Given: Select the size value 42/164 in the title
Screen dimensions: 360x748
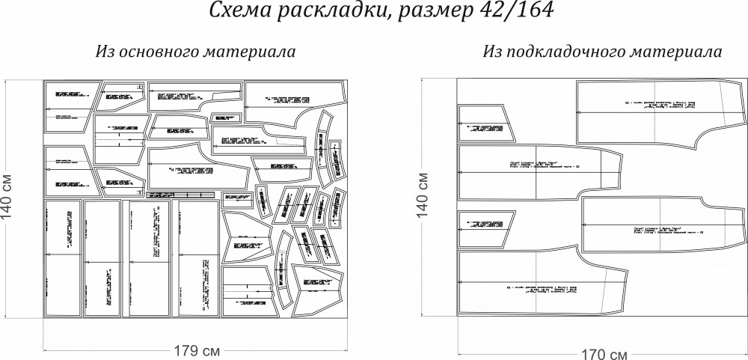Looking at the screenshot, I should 506,13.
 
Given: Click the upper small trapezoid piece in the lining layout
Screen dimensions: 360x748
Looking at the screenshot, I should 486,125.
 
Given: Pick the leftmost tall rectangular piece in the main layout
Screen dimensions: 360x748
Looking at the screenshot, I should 62,258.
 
